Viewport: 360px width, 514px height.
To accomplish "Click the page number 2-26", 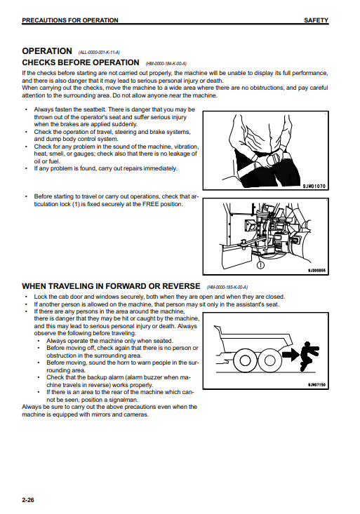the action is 28,500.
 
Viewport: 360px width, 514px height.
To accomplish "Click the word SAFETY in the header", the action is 316,20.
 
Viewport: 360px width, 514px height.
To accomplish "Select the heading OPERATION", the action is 47,51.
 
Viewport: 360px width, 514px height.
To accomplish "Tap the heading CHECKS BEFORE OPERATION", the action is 81,62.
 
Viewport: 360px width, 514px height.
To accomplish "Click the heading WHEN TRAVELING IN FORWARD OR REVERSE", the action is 111,286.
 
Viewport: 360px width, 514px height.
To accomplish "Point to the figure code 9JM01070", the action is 314,187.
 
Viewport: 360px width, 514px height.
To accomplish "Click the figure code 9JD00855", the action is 316,271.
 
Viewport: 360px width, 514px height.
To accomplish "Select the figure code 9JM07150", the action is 316,385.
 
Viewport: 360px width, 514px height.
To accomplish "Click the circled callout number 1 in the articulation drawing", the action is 260,265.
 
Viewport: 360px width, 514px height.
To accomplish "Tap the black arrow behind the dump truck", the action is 291,356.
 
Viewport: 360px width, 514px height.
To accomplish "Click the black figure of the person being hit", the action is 309,356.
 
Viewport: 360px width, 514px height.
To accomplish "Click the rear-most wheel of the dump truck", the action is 269,360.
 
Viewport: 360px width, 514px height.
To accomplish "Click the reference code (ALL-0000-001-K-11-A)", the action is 99,53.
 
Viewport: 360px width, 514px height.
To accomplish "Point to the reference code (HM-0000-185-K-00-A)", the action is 227,288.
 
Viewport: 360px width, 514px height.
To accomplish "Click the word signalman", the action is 125,400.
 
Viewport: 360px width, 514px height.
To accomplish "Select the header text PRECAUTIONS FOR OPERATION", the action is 70,20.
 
